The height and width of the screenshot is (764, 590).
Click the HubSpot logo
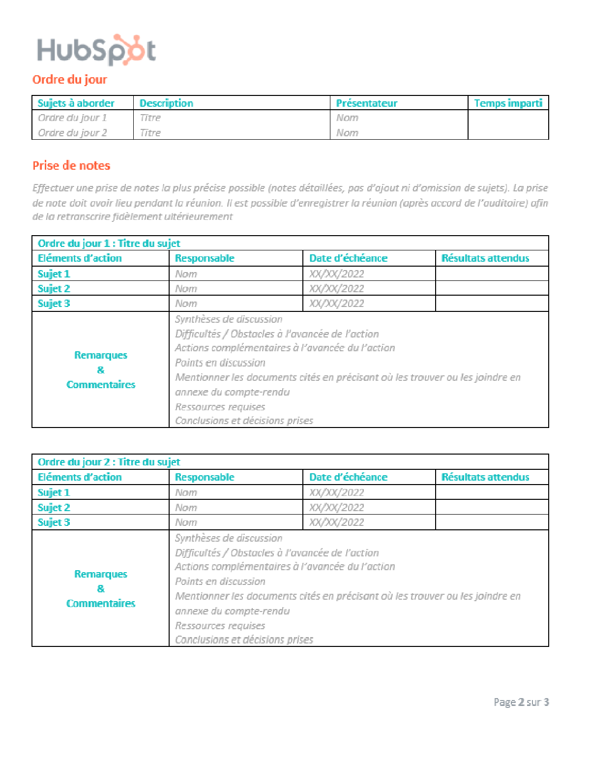click(96, 50)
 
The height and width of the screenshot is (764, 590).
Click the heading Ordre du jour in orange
click(70, 80)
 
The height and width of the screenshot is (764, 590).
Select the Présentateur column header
click(366, 103)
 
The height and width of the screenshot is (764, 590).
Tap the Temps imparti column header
click(508, 103)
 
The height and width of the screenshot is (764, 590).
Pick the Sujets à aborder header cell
click(76, 103)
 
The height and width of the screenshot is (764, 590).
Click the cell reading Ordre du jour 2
click(72, 133)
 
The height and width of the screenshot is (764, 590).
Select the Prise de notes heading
click(71, 166)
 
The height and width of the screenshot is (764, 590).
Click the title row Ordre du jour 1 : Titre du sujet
click(109, 244)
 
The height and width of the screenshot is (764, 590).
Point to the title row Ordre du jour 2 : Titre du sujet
click(109, 462)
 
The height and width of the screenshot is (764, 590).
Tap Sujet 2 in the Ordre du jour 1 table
click(54, 289)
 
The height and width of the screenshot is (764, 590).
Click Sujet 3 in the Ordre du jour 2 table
click(54, 522)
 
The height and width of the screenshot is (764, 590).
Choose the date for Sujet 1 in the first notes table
click(337, 274)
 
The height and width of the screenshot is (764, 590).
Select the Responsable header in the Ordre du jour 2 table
click(205, 477)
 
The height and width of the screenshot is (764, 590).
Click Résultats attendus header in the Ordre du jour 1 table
click(485, 258)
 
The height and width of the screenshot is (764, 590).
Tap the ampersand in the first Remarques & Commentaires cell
click(101, 370)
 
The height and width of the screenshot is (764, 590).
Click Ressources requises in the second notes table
click(220, 626)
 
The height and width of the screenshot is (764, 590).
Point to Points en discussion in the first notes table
click(220, 363)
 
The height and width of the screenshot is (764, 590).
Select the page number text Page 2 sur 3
click(521, 702)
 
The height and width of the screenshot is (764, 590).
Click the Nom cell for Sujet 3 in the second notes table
click(186, 522)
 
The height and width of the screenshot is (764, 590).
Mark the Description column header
click(166, 103)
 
